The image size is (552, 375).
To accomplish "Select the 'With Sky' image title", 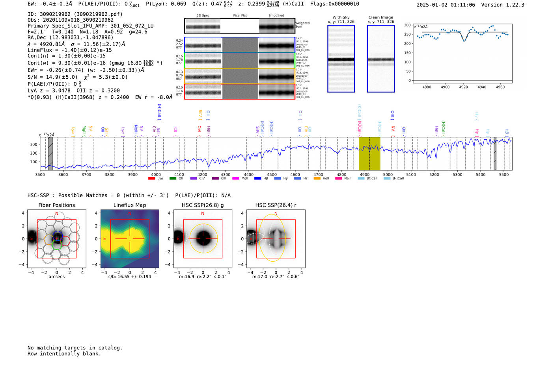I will pos(341,17).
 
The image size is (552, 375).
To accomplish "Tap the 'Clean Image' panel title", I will pos(380,17).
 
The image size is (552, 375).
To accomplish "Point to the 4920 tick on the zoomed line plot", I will pos(463,87).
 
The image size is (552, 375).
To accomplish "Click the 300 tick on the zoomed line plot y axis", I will pos(407,25).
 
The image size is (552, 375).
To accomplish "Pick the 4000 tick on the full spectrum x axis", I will pos(156,174).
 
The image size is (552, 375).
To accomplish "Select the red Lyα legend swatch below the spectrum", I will pos(151,179).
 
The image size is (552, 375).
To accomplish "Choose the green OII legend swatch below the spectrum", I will pos(173,179).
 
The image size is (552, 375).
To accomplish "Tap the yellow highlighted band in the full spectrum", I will pos(369,153).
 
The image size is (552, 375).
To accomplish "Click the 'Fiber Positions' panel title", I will pos(56,205).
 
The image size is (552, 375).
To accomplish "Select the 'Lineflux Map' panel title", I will pos(129,205).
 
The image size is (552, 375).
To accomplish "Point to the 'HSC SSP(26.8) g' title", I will pos(203,205).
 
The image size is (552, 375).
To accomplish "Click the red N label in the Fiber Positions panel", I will pos(57,214).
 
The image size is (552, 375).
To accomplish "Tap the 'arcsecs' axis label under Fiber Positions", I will pos(56,277).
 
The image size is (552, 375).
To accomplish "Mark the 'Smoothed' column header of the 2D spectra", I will pos(276,16).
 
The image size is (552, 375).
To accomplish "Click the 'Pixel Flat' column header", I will pos(240,16).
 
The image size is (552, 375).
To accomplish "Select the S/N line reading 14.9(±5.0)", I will pos(52,77).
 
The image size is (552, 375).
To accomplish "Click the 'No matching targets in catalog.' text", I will pos(75,348).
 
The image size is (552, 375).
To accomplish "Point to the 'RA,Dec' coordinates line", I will pos(70,37).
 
